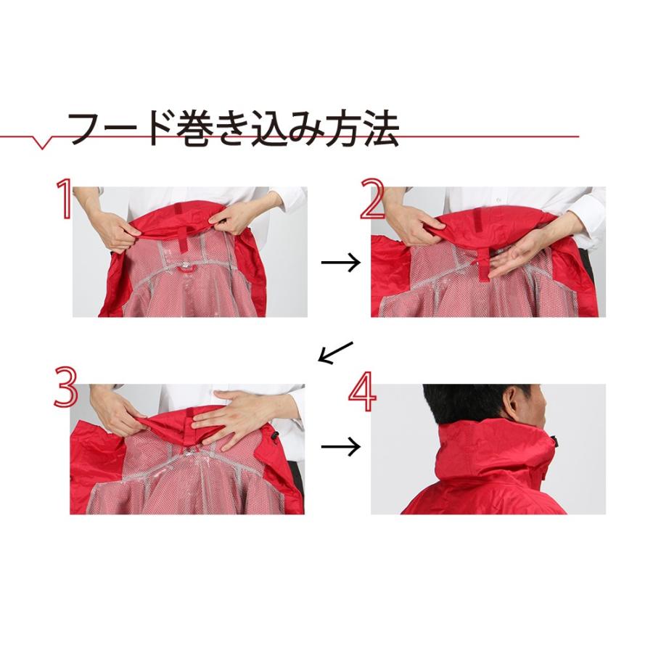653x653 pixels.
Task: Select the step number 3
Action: click(65, 388)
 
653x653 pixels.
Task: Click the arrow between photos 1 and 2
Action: click(340, 263)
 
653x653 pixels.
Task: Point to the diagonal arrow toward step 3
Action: click(334, 353)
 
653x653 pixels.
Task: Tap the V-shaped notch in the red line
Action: click(43, 143)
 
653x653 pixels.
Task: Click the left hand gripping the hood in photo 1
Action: click(116, 229)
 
